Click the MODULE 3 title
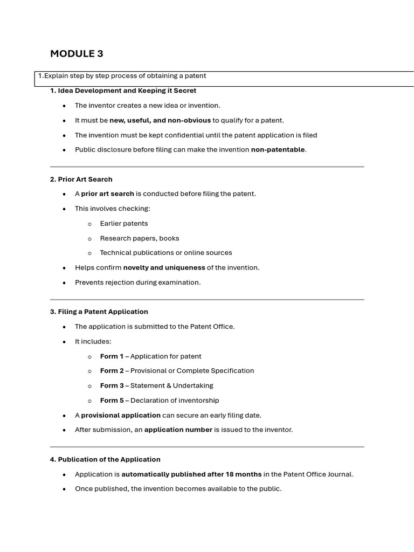(x=77, y=53)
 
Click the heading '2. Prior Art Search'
(x=81, y=179)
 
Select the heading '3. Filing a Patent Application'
(x=99, y=312)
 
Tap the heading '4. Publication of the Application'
(x=105, y=459)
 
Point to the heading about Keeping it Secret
(x=123, y=91)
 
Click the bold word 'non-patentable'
(x=278, y=150)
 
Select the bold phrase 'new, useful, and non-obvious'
(x=160, y=120)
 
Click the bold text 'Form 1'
(x=112, y=356)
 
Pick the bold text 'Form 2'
(x=112, y=371)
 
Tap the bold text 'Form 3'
(x=112, y=385)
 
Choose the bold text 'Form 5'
(x=112, y=401)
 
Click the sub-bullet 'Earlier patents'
(x=123, y=223)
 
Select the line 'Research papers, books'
(x=139, y=238)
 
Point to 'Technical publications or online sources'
(x=165, y=253)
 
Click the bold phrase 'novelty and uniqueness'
(x=164, y=267)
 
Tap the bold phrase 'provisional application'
(x=121, y=415)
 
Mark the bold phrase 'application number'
(x=178, y=430)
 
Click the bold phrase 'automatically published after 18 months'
(x=191, y=474)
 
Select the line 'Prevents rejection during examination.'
(x=137, y=282)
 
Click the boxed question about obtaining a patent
(x=122, y=76)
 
